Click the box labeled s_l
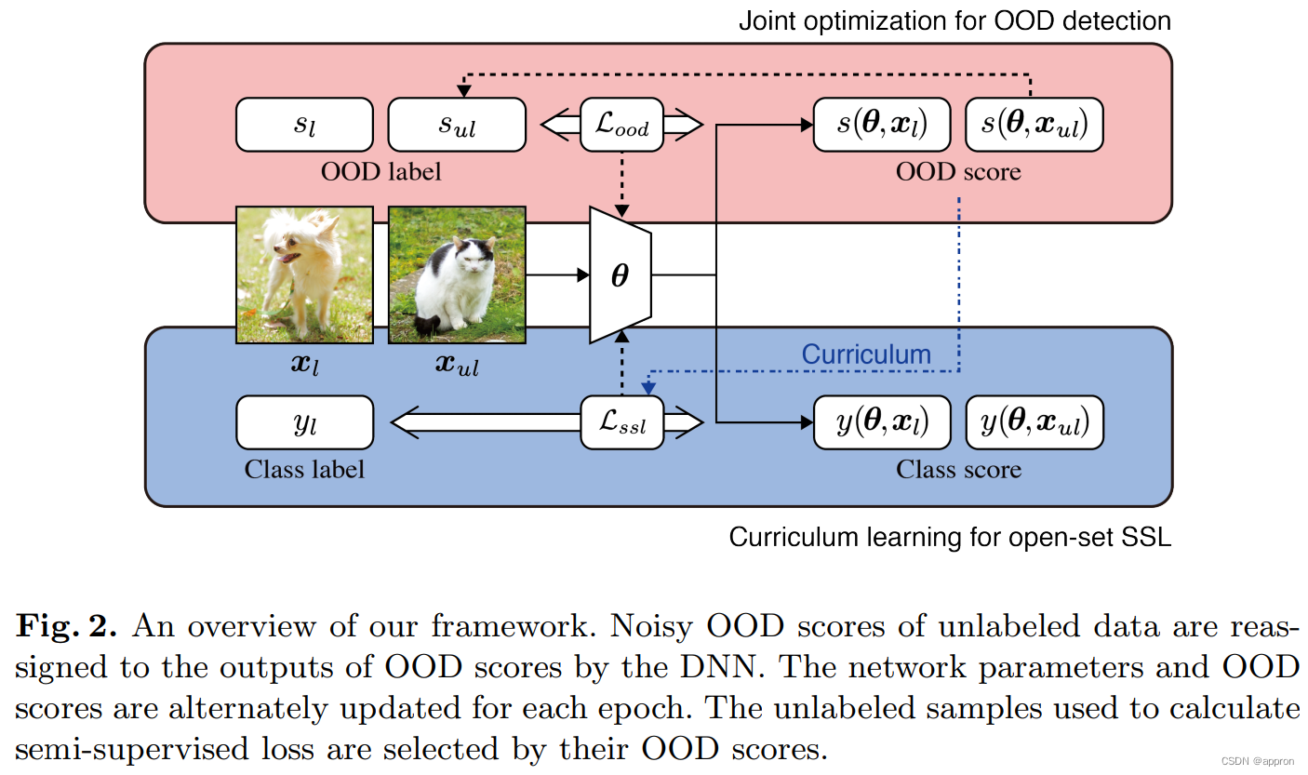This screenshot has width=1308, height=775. coord(304,125)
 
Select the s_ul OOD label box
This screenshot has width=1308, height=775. coord(457,125)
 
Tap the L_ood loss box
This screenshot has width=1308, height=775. coord(621,125)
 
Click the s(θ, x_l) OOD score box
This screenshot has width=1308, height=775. coord(882,125)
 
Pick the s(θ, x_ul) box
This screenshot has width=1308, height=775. coord(1034,125)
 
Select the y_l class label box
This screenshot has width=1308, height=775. coord(304,423)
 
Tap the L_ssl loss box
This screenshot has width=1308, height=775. coord(621,423)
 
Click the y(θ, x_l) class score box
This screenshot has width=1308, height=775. coord(882,423)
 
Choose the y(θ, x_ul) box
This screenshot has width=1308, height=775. coord(1034,423)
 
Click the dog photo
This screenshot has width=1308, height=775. coord(304,274)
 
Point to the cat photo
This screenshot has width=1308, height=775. coord(457,274)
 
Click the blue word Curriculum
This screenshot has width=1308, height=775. coord(866,354)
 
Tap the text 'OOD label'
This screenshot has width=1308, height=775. coord(380,172)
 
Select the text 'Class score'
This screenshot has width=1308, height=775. coord(958,470)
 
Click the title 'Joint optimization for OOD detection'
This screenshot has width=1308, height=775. coord(954,20)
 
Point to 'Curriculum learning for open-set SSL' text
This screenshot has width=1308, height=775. coord(950,537)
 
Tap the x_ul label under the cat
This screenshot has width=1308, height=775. coord(457,365)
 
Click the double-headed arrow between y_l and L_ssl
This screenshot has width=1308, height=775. coord(484,423)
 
